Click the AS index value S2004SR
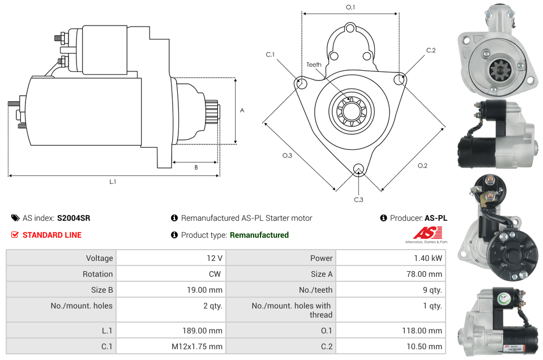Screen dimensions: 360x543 click(74, 218)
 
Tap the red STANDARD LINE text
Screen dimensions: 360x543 click(52, 235)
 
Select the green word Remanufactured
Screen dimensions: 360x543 click(259, 235)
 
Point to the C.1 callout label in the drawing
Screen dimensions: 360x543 click(270, 55)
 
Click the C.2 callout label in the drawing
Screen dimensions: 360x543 click(431, 50)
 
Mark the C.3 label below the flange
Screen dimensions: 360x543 click(358, 200)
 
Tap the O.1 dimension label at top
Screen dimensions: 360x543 click(350, 7)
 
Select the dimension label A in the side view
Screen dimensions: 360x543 click(242, 110)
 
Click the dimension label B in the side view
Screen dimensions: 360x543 click(196, 167)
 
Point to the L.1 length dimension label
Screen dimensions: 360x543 click(113, 182)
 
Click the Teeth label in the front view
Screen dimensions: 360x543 click(314, 65)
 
